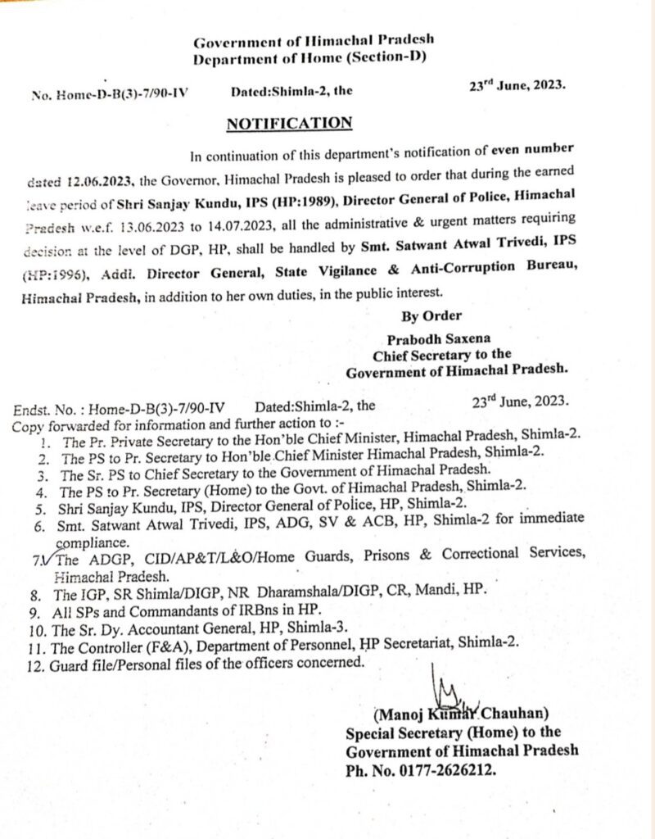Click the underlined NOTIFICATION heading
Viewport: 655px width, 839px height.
pos(289,123)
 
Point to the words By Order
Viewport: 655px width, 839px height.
pos(431,315)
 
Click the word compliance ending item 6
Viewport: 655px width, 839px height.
pos(93,542)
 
